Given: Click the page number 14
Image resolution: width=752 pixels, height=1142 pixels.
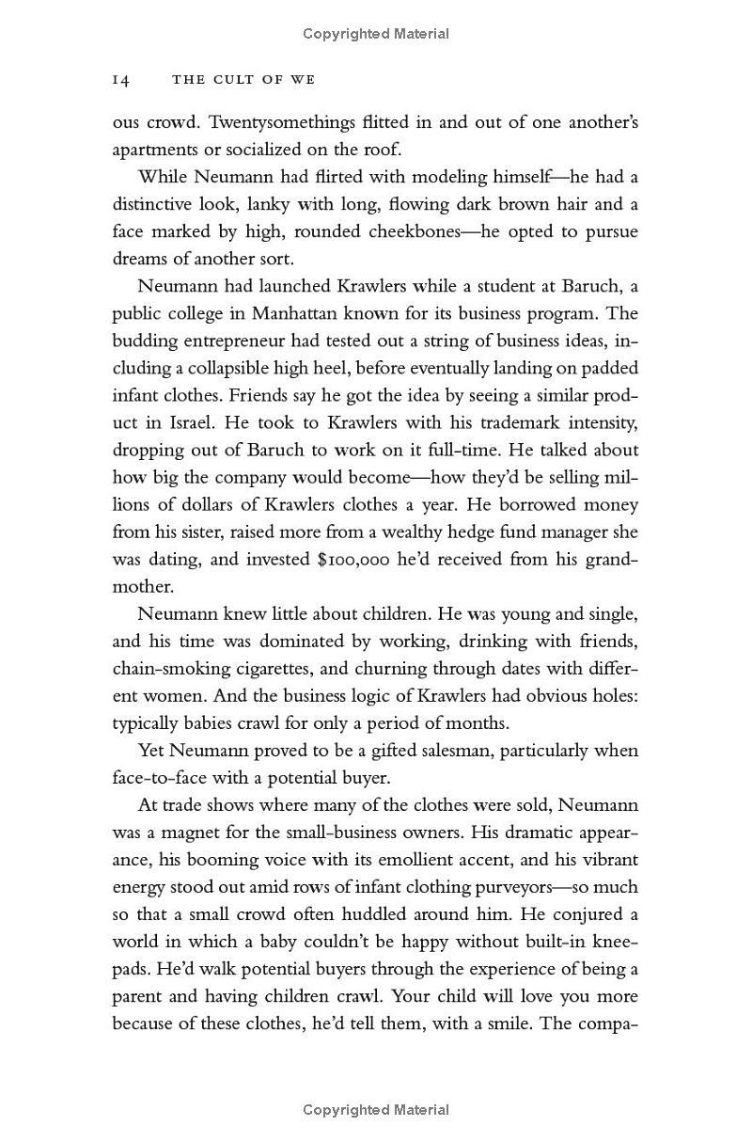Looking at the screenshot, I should [120, 80].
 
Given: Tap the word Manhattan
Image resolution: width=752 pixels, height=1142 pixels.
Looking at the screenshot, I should [322, 313].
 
